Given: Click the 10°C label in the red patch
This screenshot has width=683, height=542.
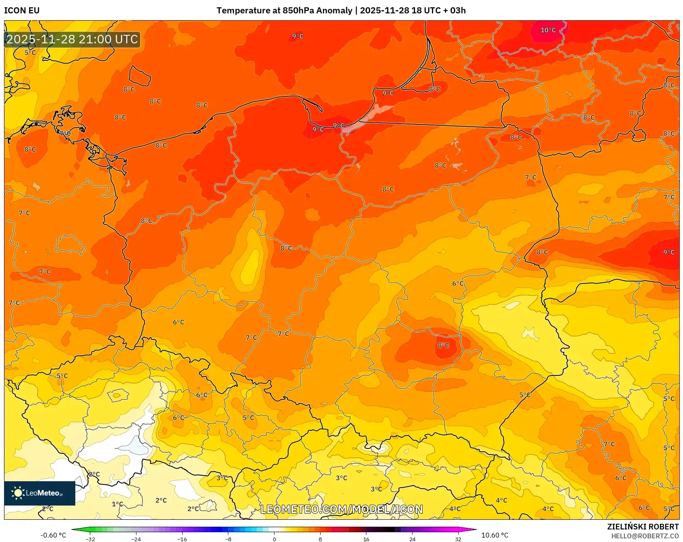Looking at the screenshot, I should (x=548, y=30).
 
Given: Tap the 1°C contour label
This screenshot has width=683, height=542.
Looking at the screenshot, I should (x=117, y=504).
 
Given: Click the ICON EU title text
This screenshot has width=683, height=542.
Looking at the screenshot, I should (x=22, y=11).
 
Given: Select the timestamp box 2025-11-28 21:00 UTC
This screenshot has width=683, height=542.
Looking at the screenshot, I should (x=72, y=39).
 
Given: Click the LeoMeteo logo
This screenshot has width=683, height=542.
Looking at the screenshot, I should (x=40, y=493).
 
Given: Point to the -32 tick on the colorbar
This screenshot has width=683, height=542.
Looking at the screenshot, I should (x=91, y=539).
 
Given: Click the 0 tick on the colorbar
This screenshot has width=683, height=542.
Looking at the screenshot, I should (x=274, y=539).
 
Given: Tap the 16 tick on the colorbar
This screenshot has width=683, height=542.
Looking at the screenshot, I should (x=366, y=539).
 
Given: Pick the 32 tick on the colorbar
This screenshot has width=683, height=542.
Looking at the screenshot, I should (x=458, y=539).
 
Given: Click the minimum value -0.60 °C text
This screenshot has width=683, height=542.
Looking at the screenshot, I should (x=53, y=535).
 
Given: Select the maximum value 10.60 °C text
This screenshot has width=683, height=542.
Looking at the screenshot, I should (x=494, y=535).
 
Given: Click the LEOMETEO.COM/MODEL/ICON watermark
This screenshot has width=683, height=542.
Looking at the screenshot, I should (x=341, y=509).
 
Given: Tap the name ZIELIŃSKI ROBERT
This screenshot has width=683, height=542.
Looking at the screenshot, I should (x=643, y=527).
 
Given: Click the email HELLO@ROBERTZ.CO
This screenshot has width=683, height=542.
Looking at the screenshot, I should (x=645, y=536).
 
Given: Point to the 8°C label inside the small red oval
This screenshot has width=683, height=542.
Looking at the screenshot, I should (x=443, y=346).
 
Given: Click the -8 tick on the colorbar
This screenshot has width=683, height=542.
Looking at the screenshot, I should (x=228, y=539).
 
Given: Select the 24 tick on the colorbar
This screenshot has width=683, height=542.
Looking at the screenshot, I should (x=412, y=539).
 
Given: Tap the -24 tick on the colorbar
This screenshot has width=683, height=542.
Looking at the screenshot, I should (x=136, y=539).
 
